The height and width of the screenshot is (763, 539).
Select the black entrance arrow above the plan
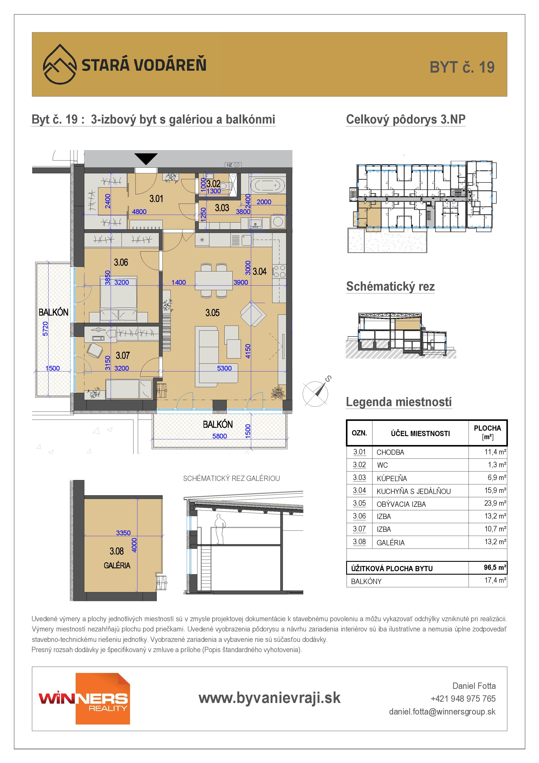(146, 159)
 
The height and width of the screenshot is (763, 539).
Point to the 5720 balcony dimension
(45, 328)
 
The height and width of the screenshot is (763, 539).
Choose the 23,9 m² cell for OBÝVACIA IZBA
(495, 503)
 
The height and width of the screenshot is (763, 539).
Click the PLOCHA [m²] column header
(487, 432)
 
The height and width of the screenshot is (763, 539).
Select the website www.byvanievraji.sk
(269, 698)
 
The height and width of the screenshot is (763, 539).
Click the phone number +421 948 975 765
(463, 699)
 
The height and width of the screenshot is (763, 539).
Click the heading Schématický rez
(390, 286)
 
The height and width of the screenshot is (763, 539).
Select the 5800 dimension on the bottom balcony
(220, 436)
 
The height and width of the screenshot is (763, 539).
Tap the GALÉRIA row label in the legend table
(390, 543)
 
